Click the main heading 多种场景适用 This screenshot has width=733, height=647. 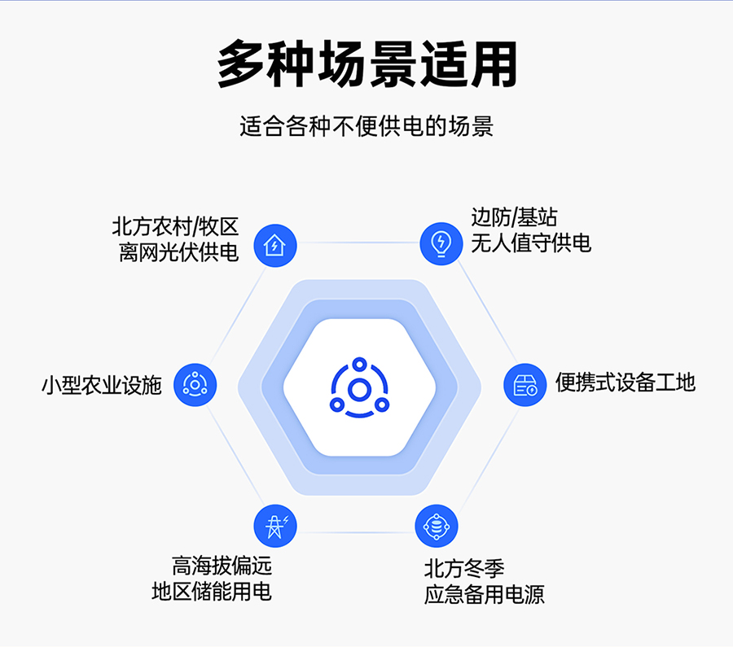(x=367, y=64)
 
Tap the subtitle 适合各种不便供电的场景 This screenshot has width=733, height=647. (x=366, y=126)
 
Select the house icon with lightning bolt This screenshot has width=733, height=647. (x=275, y=246)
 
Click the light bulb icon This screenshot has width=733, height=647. (x=441, y=243)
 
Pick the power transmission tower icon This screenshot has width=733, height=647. (x=275, y=526)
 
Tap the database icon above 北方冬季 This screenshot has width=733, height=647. (x=437, y=526)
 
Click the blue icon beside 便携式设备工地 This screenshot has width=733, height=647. (x=525, y=385)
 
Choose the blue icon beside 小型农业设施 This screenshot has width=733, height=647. (x=195, y=385)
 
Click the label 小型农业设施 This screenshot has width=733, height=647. (x=102, y=386)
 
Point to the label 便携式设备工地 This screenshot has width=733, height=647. (x=625, y=383)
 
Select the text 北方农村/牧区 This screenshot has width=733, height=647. (x=175, y=227)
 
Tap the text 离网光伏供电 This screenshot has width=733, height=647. (x=179, y=253)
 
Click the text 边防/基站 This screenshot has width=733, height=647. (x=514, y=217)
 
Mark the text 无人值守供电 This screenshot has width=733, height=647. (x=531, y=243)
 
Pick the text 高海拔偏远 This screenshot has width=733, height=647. (x=222, y=566)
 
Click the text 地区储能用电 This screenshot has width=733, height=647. (x=212, y=592)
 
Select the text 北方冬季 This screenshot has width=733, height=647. (x=464, y=569)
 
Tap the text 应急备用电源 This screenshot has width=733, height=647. (x=485, y=595)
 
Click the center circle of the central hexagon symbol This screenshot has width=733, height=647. (x=359, y=390)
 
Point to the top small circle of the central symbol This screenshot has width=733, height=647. (x=359, y=364)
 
